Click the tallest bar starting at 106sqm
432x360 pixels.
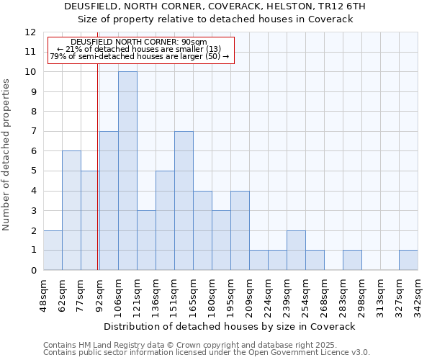coord(127,171)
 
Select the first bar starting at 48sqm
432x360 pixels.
coord(53,250)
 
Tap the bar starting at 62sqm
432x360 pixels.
coord(71,210)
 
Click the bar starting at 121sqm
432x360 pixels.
coord(146,240)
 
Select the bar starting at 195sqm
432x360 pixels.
coord(240,230)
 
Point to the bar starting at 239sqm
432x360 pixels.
coord(296,250)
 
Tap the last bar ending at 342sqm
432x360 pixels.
coord(408,260)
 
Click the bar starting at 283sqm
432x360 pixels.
coord(352,260)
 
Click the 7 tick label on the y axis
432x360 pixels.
coord(32,132)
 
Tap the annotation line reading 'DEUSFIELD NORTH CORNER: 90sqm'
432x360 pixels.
coord(139,42)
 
